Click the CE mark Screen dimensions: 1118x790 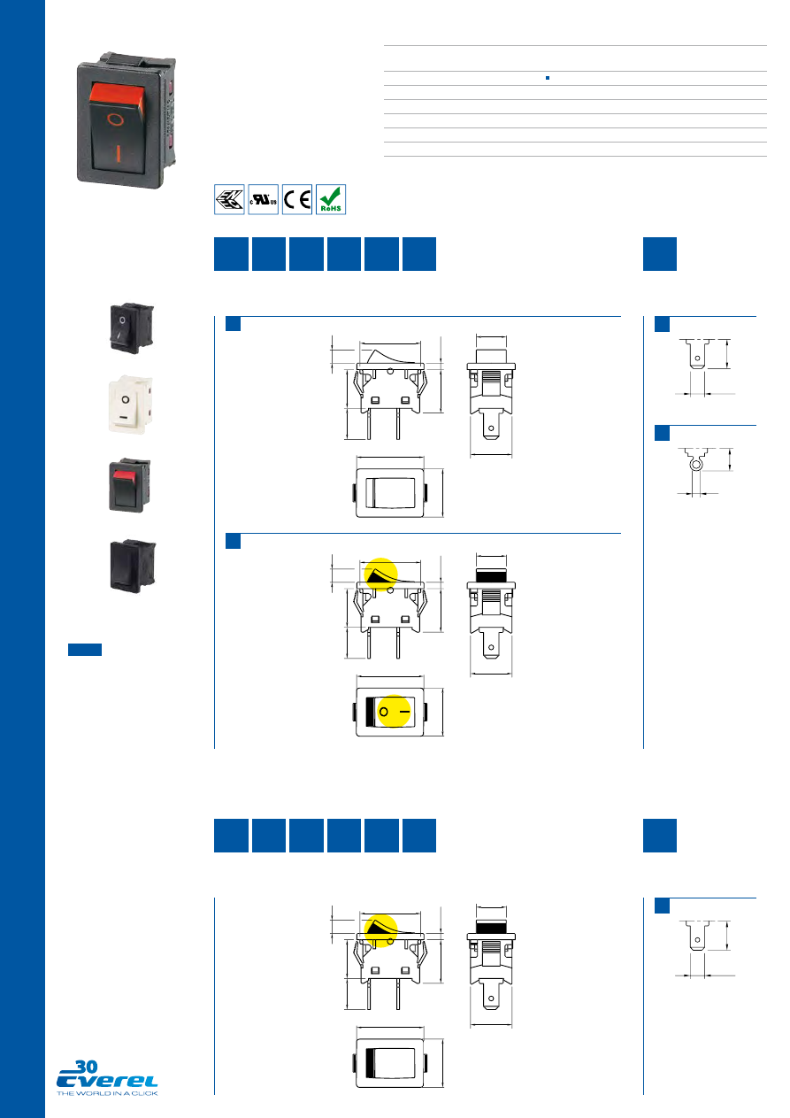(296, 199)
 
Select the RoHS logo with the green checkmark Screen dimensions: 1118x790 (331, 199)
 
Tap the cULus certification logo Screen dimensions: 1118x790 (264, 199)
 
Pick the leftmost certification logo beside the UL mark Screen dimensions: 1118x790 (230, 199)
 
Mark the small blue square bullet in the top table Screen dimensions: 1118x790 (548, 79)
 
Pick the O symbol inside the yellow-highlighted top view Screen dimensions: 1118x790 (384, 712)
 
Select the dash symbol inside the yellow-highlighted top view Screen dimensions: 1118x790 (404, 712)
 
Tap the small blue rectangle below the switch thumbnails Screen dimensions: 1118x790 (85, 650)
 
